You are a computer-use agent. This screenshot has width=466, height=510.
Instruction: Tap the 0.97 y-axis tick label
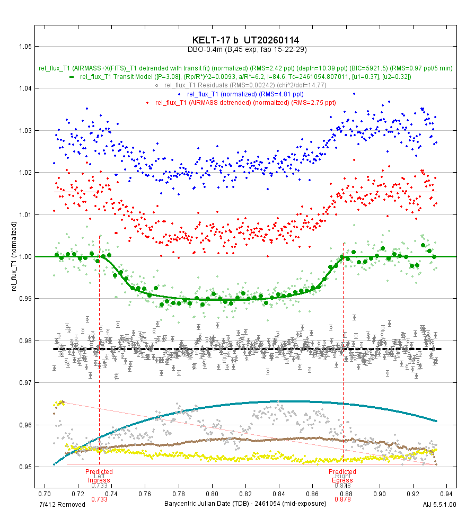[x=22, y=383]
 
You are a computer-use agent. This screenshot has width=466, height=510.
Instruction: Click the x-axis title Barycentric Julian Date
[x=245, y=504]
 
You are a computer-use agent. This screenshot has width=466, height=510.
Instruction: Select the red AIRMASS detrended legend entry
[x=245, y=102]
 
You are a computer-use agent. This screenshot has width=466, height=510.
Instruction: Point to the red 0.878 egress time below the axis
[x=342, y=499]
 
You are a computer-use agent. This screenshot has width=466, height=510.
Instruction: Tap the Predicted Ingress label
[x=99, y=476]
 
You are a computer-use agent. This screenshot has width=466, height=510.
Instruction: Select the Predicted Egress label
[x=342, y=476]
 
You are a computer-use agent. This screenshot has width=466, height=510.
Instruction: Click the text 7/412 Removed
[x=63, y=504]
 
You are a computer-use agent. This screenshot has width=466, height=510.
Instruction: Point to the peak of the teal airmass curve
[x=281, y=401]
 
